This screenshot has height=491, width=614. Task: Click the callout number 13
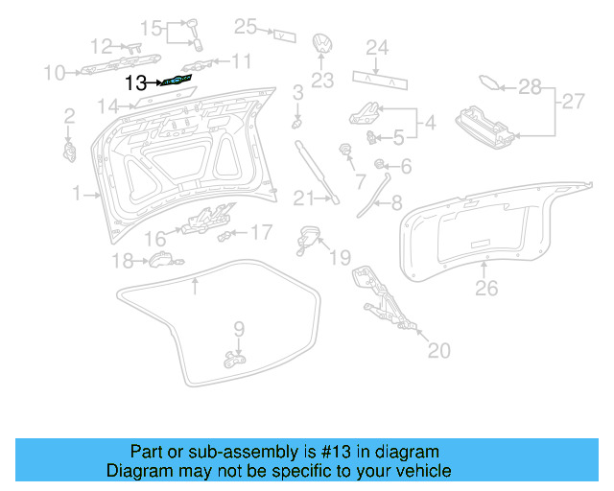[x=136, y=83]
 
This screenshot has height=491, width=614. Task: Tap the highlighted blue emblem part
[x=178, y=82]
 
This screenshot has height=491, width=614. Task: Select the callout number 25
[x=247, y=27]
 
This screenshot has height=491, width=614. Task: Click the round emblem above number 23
[x=322, y=46]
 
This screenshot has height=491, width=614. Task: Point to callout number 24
[x=377, y=47]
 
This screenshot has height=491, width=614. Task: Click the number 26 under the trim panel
[x=486, y=286]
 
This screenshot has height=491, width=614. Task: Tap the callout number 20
[x=437, y=351]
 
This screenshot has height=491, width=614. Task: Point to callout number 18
[x=123, y=261]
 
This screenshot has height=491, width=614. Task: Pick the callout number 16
[x=155, y=238]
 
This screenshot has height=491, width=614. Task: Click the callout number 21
[x=303, y=199]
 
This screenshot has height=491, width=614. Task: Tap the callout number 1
[x=77, y=195]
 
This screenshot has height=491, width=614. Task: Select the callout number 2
[x=69, y=117]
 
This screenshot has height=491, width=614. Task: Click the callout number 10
[x=54, y=72]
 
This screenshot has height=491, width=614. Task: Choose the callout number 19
[x=342, y=258]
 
